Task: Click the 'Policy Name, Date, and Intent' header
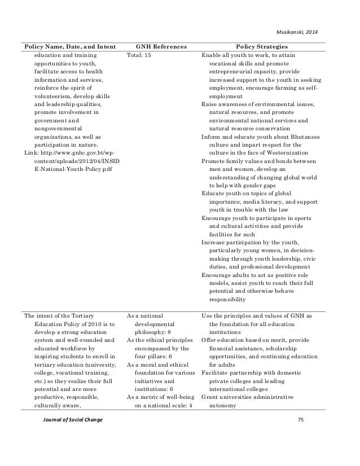(68, 46)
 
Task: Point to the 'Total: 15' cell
(141, 56)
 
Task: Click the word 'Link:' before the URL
(31, 153)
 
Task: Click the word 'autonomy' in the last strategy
(223, 406)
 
